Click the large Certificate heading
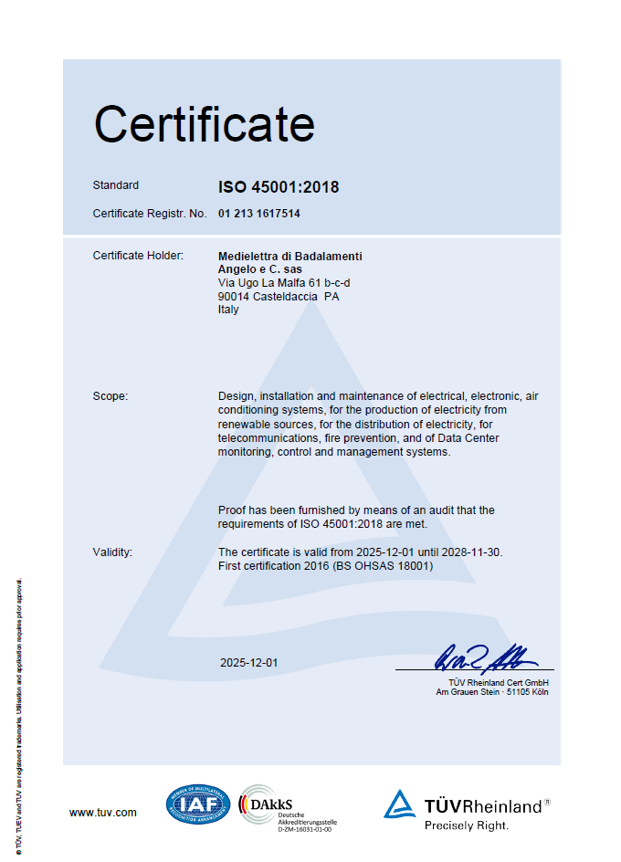point(205,124)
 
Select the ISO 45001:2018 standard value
point(279,187)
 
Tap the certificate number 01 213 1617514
point(259,214)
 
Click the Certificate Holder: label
point(139,256)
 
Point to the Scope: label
point(111,396)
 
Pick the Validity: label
point(113,552)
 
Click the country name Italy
point(228,310)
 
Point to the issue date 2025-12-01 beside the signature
point(248,662)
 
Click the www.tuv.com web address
point(103,812)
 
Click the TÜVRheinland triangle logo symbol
point(399,804)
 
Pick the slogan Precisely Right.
point(467,825)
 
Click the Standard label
point(116,185)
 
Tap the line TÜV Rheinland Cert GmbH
point(499,682)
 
